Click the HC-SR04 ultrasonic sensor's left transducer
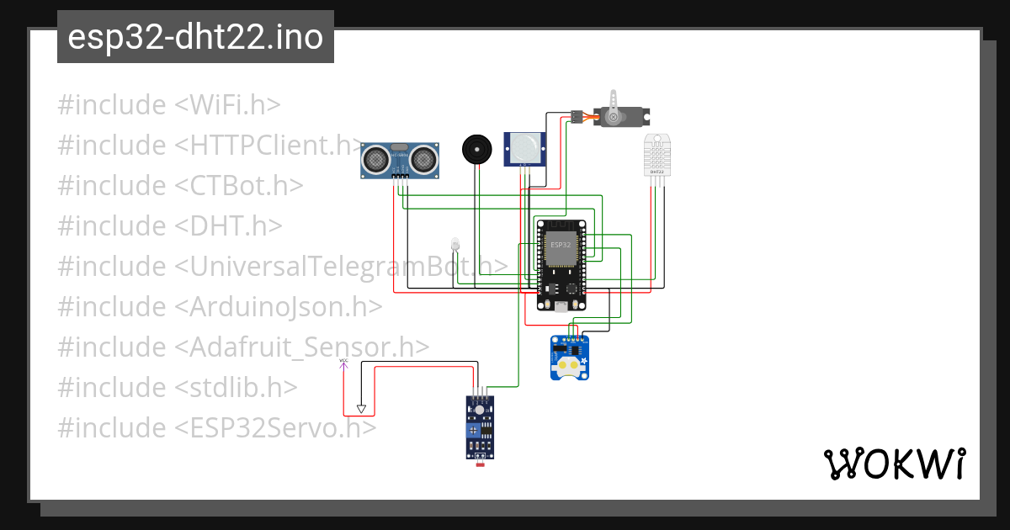[x=376, y=156]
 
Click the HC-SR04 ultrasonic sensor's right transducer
[x=423, y=156]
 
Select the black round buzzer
[x=476, y=150]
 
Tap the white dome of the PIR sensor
[x=524, y=148]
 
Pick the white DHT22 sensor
[x=658, y=154]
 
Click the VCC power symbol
[x=343, y=363]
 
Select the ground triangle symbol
[x=361, y=409]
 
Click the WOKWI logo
[x=894, y=464]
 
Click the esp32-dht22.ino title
[x=195, y=38]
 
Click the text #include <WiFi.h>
[x=168, y=105]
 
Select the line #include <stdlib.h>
[x=178, y=388]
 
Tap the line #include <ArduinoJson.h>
[x=220, y=307]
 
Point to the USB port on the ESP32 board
[x=561, y=307]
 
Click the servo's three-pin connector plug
[x=577, y=116]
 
